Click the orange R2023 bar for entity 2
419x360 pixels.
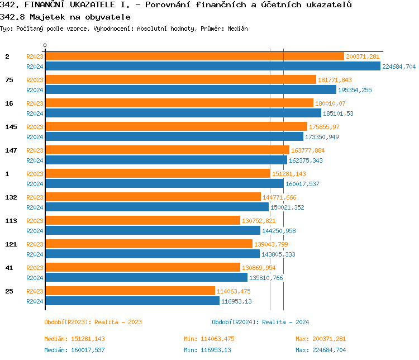click(x=194, y=56)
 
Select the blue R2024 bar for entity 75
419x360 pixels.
click(x=191, y=90)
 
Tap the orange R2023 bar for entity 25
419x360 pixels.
click(x=130, y=291)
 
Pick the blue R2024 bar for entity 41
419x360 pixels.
click(x=146, y=278)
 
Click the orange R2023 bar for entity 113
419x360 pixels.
click(x=142, y=221)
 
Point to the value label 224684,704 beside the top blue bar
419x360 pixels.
click(x=399, y=67)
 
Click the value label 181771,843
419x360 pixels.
click(x=335, y=80)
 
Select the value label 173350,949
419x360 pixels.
click(x=322, y=137)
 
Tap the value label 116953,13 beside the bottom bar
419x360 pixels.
click(x=236, y=301)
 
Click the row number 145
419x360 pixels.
click(x=11, y=127)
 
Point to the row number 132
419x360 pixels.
click(x=11, y=197)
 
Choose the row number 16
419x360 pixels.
click(x=9, y=103)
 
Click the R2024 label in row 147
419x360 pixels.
click(x=35, y=160)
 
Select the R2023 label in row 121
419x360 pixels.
click(x=35, y=244)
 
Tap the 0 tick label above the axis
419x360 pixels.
click(x=45, y=45)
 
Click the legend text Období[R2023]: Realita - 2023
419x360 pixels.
click(x=93, y=322)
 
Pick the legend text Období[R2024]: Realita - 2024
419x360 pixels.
click(x=260, y=322)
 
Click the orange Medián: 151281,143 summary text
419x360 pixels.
click(x=75, y=339)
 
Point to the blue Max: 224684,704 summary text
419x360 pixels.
click(x=321, y=350)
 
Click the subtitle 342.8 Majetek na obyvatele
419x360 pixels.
click(x=65, y=17)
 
